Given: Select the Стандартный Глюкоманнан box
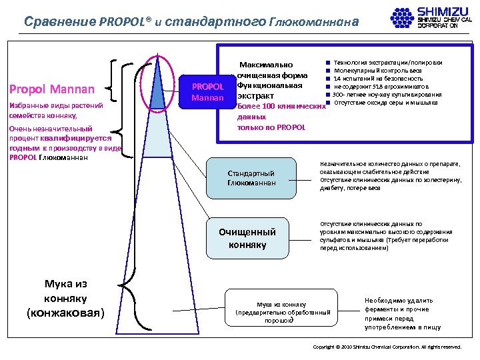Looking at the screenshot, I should (x=251, y=178).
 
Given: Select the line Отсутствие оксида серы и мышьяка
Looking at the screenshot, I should (x=385, y=103).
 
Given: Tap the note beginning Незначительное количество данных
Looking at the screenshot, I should (x=390, y=175).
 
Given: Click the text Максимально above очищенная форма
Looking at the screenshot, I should (x=266, y=65).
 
